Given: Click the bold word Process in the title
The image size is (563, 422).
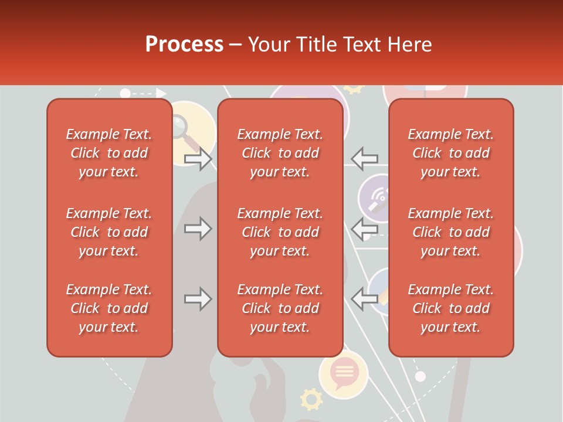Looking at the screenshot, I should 184,45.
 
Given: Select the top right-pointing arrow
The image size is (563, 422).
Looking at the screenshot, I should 198,158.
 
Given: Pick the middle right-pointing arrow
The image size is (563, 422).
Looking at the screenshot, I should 198,229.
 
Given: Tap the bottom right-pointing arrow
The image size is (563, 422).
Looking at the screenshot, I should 198,299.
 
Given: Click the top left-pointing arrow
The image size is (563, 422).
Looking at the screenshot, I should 364,158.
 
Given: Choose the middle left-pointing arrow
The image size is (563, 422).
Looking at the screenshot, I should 364,229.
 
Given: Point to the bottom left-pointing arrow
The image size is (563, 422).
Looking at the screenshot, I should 364,299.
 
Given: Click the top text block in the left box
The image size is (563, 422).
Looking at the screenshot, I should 109,153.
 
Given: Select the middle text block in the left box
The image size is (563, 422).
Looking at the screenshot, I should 109,232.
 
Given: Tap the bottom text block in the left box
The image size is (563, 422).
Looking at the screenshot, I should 109,308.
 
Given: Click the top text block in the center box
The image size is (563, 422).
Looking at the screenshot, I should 280,153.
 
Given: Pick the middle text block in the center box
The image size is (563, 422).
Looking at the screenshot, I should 280,232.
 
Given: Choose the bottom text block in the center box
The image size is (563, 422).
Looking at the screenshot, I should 280,308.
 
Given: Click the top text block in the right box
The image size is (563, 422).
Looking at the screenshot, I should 451,153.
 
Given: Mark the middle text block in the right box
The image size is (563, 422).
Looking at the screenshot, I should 451,232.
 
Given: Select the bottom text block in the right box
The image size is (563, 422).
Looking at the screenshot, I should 451,308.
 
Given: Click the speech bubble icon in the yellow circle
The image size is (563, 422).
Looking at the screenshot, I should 344,373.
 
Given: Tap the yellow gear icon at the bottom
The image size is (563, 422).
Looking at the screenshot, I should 311,399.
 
